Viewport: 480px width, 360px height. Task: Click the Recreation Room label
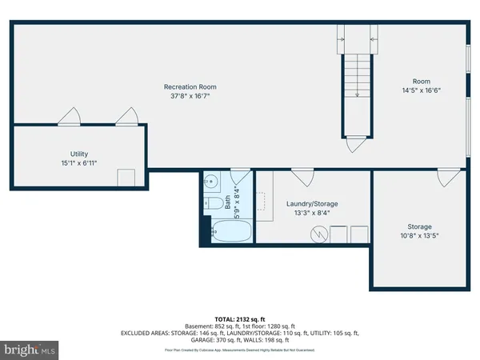point(190,86)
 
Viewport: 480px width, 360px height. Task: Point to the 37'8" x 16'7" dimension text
point(190,97)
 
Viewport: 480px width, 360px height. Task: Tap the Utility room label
point(78,154)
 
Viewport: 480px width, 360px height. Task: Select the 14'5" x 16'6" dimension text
point(421,90)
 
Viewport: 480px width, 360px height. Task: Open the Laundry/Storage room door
point(302,177)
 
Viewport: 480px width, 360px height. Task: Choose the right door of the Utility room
point(126,117)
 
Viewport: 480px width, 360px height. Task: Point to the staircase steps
point(357,88)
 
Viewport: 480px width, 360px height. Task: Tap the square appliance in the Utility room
point(126,178)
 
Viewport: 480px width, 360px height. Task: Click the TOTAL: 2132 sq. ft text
point(240,318)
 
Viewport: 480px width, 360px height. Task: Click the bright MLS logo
point(30,350)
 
